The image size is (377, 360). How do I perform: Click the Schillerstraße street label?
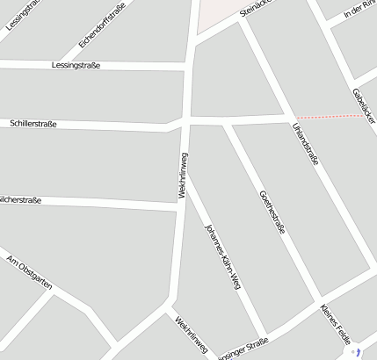33,124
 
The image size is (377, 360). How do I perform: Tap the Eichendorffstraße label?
102,25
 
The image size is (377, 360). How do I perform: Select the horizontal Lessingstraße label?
76,65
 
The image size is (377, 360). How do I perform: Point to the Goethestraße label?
272,214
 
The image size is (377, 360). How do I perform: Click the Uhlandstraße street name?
304,144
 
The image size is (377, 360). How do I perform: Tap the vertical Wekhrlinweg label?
183,175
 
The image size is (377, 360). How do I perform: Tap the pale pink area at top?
216,14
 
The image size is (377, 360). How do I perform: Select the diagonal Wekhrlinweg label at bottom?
192,336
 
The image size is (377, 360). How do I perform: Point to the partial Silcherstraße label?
21,200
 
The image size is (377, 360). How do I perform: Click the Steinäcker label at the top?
257,9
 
